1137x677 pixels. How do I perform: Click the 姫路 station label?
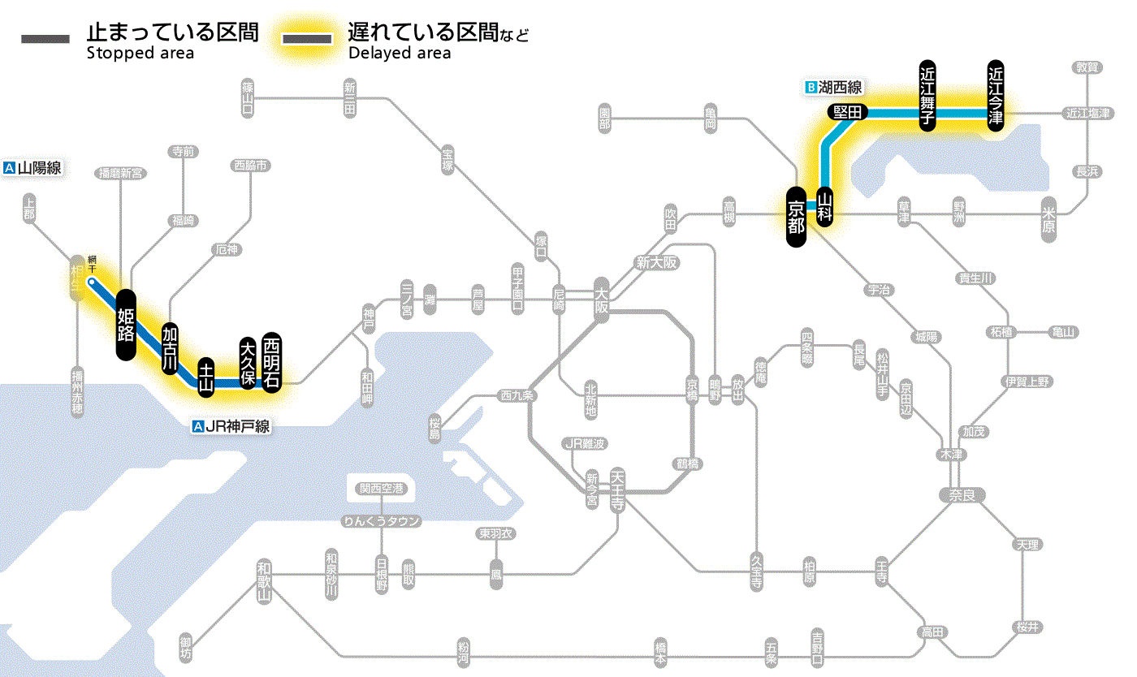click(x=126, y=324)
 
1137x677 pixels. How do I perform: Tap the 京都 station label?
click(x=796, y=217)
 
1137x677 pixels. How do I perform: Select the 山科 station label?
click(x=825, y=207)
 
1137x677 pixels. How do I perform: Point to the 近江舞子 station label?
click(x=927, y=95)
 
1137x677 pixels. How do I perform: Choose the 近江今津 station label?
click(x=996, y=94)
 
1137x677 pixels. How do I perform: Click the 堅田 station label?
click(x=848, y=113)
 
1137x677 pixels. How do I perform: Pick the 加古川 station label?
click(x=170, y=348)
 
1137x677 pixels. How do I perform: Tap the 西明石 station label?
click(x=271, y=361)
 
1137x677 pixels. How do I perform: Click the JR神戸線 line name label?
click(x=231, y=426)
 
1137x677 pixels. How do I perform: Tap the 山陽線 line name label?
click(x=33, y=169)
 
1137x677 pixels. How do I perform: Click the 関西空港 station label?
click(x=381, y=489)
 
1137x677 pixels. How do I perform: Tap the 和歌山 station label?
click(x=263, y=580)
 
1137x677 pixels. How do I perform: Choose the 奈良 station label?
click(x=962, y=494)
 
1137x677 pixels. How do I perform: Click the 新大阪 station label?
click(x=656, y=263)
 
